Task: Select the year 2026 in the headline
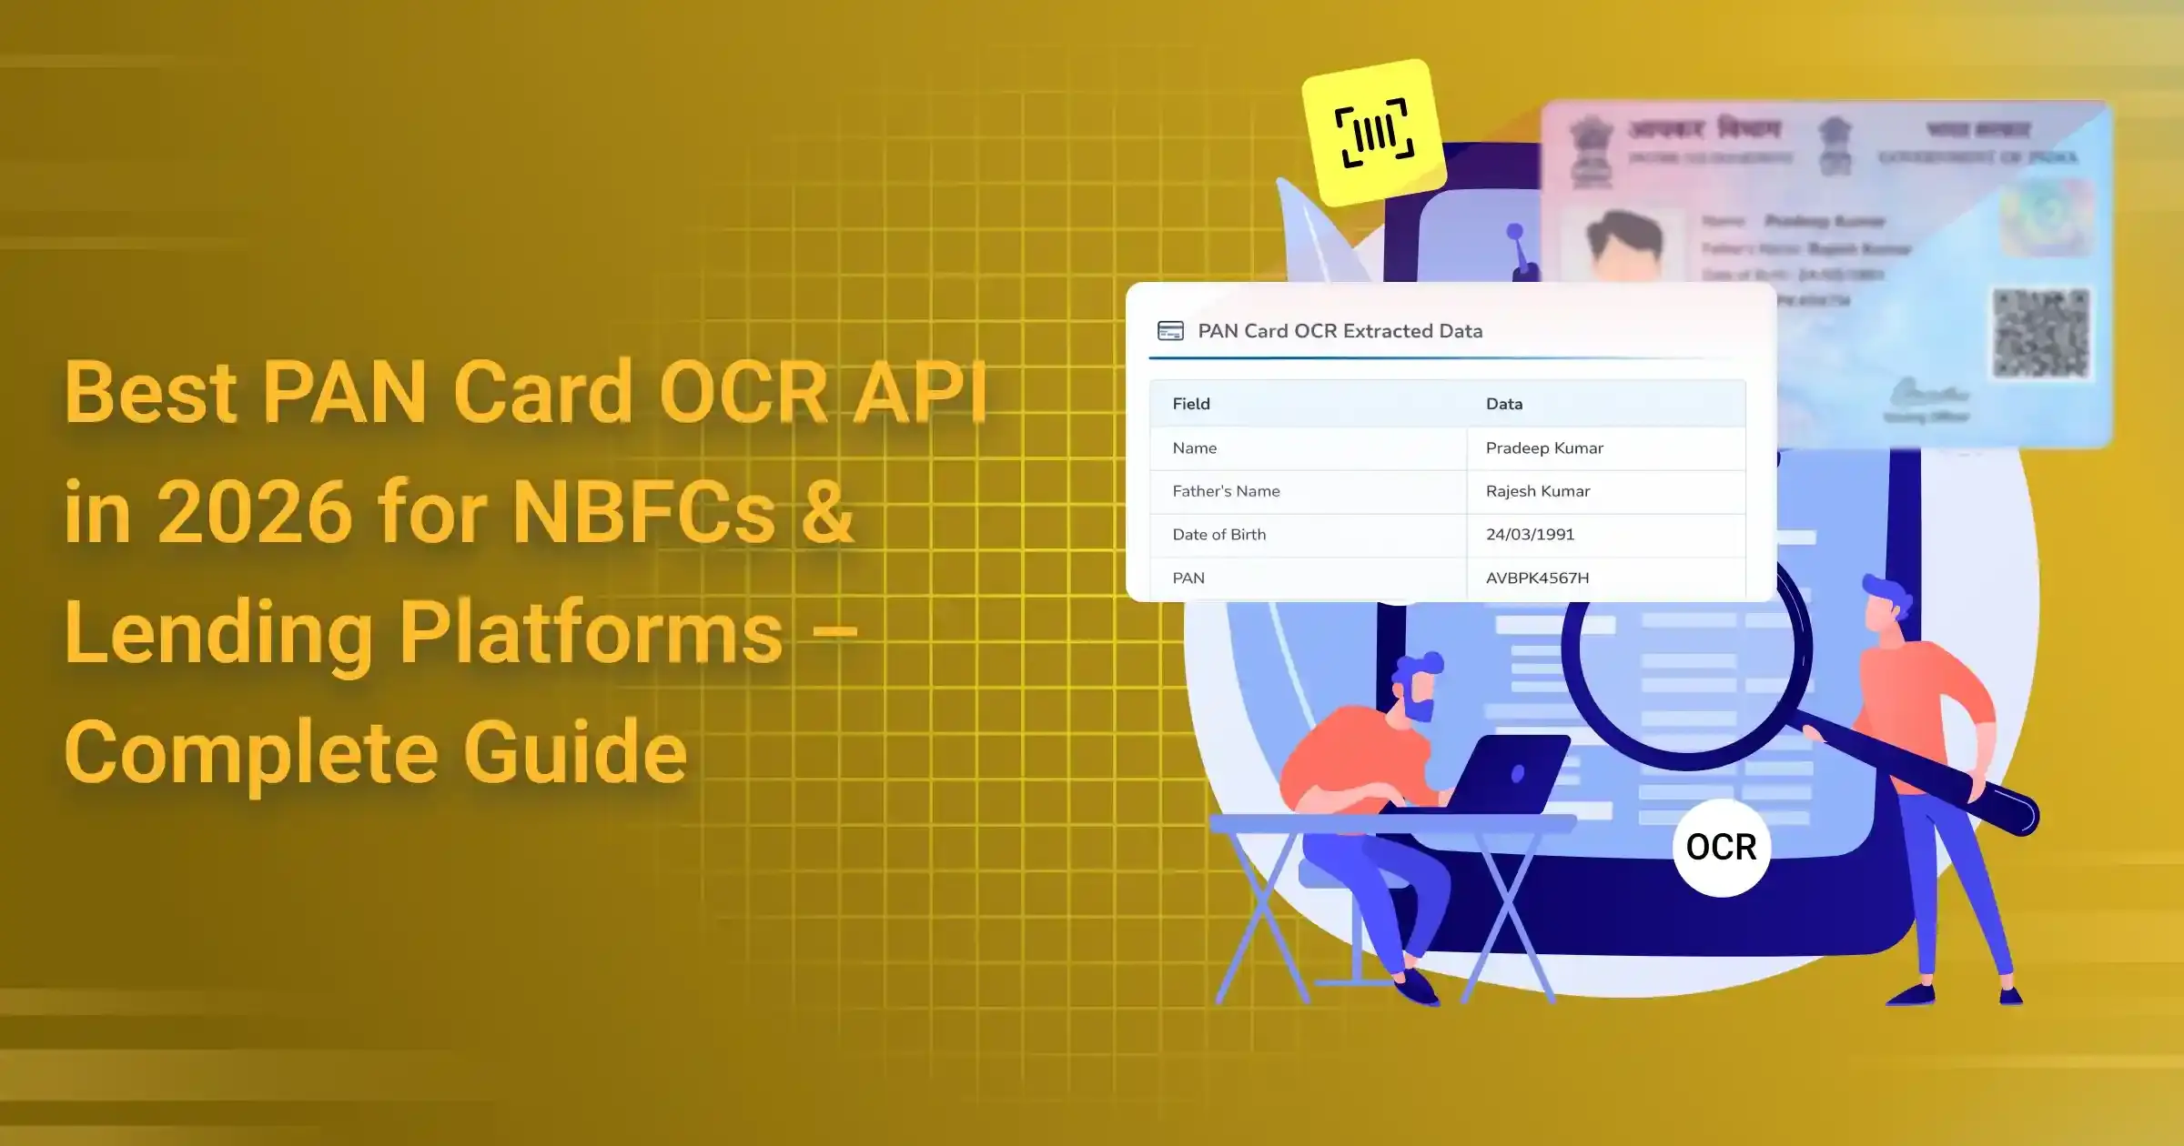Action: (255, 513)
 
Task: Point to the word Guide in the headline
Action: (575, 753)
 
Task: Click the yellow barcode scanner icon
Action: (1374, 133)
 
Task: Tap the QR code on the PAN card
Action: (2040, 333)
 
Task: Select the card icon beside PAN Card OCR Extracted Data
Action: (1170, 331)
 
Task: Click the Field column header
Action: (1191, 404)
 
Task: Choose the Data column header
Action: (1504, 404)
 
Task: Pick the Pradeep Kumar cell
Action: (1544, 448)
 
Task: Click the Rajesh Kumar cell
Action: (1538, 491)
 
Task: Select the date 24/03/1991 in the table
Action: (1530, 535)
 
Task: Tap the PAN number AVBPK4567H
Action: (1537, 578)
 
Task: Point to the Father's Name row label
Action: (1226, 491)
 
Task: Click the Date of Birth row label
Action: (1218, 535)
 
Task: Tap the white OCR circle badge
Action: (1721, 848)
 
